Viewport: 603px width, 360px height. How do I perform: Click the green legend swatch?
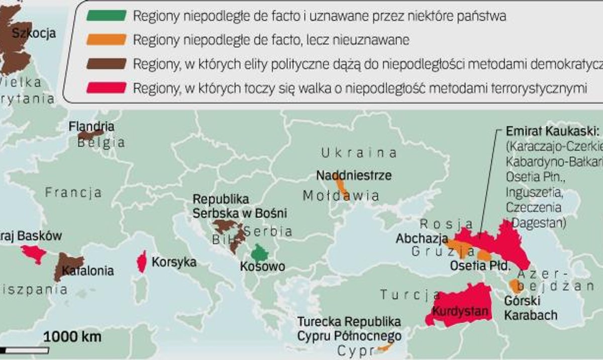click(106, 16)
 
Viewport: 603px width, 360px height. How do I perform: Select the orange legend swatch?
click(106, 40)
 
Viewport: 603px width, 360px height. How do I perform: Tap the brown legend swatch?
click(106, 64)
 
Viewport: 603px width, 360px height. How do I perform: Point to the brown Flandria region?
click(89, 135)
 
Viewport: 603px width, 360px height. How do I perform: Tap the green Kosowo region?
click(260, 252)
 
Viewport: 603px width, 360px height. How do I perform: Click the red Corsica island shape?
click(142, 262)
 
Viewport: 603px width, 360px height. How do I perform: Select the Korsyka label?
click(174, 262)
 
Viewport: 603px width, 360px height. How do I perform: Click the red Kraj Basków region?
click(34, 253)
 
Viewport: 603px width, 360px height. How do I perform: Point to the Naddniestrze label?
click(354, 175)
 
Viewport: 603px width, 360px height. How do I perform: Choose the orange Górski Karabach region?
click(515, 286)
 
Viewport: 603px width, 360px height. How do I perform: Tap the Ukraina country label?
click(359, 153)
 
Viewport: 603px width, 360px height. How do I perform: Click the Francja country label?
click(73, 193)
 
